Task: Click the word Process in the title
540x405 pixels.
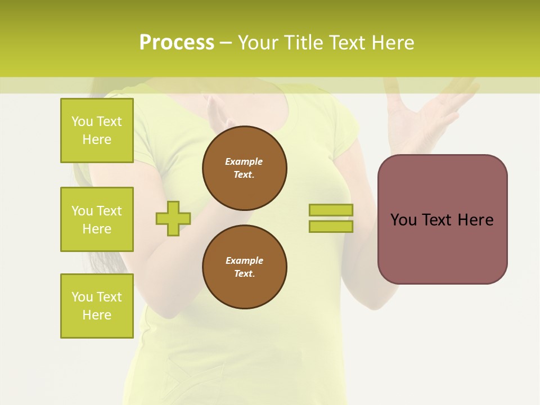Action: (x=177, y=42)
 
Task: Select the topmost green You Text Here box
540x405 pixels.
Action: (x=97, y=130)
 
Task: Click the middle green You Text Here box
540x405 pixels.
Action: (x=97, y=219)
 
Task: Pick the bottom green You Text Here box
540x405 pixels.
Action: (x=97, y=306)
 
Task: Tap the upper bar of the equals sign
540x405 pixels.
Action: (x=331, y=210)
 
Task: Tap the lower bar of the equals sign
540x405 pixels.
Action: (x=331, y=226)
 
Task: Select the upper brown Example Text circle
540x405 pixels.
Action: (x=245, y=168)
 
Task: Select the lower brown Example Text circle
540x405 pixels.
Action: (x=245, y=267)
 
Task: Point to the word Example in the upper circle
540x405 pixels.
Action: (x=244, y=161)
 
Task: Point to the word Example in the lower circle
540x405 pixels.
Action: (x=244, y=260)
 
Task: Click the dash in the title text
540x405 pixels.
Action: (x=226, y=43)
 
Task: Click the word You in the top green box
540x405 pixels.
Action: (x=82, y=121)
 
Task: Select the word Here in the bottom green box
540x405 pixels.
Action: (x=97, y=315)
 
